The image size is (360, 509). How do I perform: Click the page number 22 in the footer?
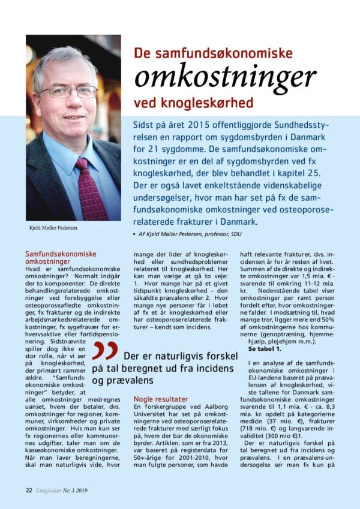pos(28,489)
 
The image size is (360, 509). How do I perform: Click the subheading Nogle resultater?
pos(160,399)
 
